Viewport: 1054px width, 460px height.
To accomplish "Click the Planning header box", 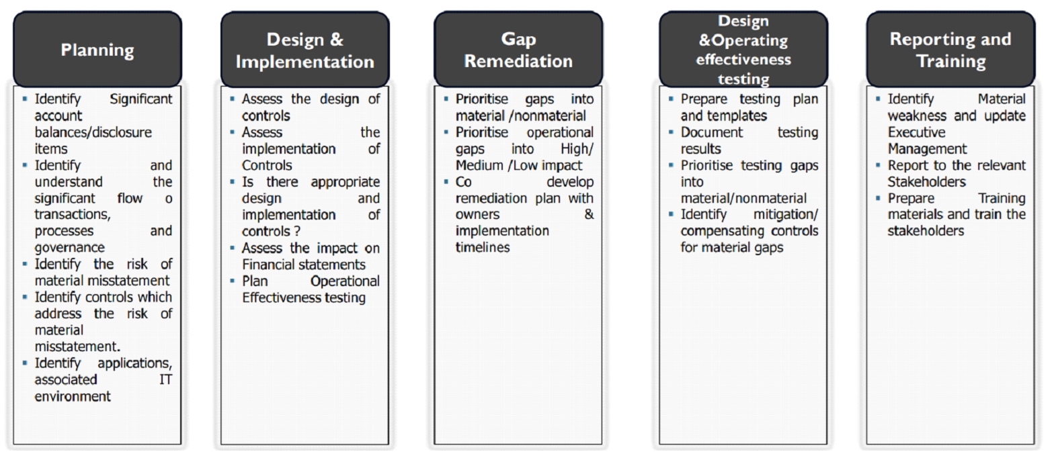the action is point(97,49).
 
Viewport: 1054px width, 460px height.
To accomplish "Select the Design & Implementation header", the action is point(305,49).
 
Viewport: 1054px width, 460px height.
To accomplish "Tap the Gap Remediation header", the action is point(518,49).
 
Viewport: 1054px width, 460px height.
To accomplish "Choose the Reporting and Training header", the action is point(950,49).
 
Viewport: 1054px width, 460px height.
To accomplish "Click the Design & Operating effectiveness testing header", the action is point(743,49).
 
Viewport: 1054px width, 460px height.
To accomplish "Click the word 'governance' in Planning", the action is point(70,248).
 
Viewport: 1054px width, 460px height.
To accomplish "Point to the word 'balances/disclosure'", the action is point(93,132).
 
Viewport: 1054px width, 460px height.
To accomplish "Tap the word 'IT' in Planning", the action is point(165,379).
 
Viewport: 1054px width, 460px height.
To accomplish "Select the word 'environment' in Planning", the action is point(73,396).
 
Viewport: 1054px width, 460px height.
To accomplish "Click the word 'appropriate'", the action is point(345,182).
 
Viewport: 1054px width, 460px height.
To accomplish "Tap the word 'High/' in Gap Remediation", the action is point(577,149).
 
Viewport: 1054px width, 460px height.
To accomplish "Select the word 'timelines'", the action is point(483,248).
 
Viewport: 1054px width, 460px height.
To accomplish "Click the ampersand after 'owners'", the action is point(589,214).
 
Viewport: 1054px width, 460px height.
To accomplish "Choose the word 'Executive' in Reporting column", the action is point(917,132).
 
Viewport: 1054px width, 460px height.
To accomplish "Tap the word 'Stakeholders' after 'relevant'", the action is point(926,182).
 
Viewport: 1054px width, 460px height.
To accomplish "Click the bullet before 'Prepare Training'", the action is point(878,198).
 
